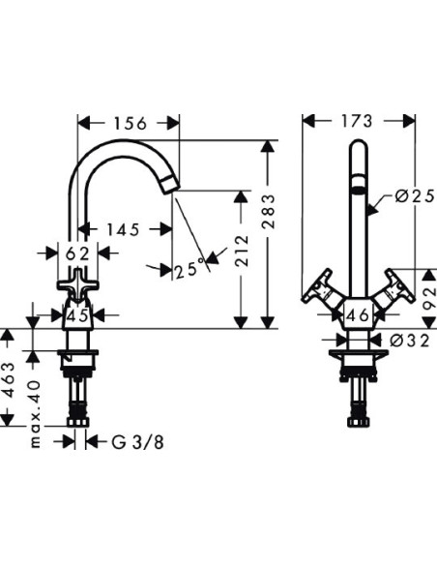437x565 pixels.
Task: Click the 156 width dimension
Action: tap(129, 123)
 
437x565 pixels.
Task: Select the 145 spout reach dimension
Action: tap(123, 230)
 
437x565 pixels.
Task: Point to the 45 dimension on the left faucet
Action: tap(79, 313)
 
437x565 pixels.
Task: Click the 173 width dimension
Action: tap(359, 122)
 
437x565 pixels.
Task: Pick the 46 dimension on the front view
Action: tap(358, 313)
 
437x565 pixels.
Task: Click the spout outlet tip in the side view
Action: tap(171, 184)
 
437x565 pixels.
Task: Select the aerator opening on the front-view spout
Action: tap(358, 186)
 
